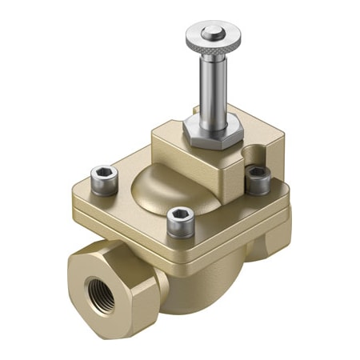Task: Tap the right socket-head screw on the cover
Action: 256,177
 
